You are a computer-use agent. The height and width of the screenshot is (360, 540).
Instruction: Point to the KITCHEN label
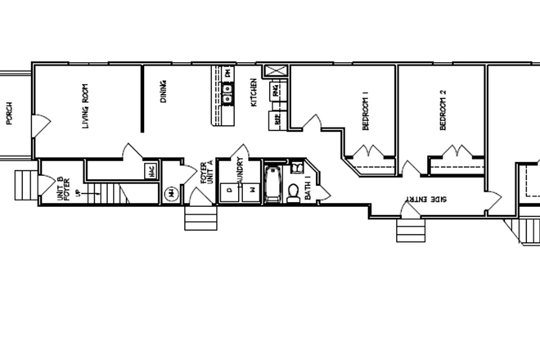click(x=254, y=92)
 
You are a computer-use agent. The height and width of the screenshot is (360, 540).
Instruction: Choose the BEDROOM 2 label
click(x=443, y=114)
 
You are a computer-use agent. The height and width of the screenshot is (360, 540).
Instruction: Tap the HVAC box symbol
click(x=151, y=171)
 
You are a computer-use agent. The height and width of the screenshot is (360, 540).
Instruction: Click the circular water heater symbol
click(x=172, y=193)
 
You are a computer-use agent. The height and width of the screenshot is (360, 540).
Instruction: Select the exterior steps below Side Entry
click(x=409, y=229)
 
